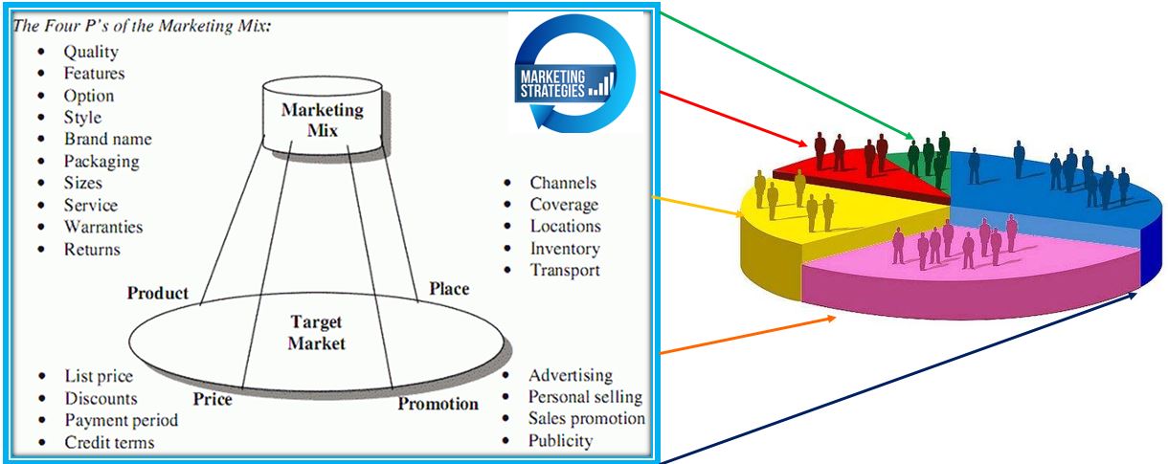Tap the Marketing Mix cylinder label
(323, 120)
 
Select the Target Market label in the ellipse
(316, 333)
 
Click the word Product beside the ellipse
(158, 294)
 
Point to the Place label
(449, 288)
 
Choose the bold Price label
(212, 399)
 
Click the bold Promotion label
(438, 404)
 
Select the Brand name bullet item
(107, 139)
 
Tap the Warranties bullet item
(103, 227)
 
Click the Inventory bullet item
(565, 249)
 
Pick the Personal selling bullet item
(585, 397)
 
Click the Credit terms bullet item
(109, 442)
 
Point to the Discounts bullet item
(101, 399)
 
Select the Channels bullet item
(563, 183)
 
